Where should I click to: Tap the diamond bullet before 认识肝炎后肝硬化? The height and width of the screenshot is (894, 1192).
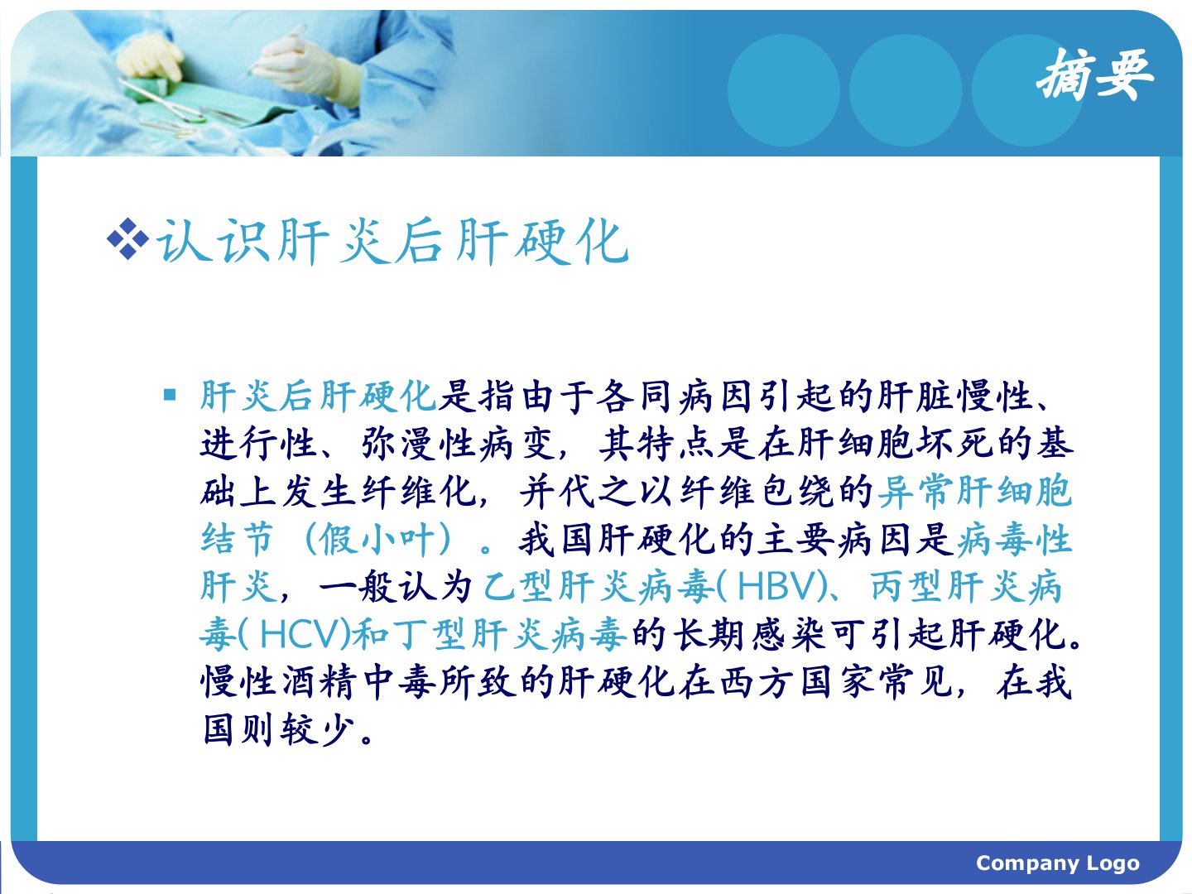(127, 239)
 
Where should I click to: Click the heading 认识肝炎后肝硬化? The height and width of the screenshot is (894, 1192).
(393, 241)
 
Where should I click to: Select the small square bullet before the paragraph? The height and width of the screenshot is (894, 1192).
(170, 395)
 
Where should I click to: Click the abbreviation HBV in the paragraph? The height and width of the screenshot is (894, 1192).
(776, 586)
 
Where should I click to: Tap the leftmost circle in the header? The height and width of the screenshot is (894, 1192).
(783, 90)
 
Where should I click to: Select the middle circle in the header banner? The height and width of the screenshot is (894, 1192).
(906, 90)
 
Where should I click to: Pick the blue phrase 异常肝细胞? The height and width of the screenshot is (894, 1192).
(975, 491)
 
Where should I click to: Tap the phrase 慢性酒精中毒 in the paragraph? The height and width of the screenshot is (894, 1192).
(318, 682)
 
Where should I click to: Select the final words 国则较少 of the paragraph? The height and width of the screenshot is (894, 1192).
(279, 729)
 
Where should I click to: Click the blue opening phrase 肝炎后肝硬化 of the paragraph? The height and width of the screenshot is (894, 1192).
(318, 395)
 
